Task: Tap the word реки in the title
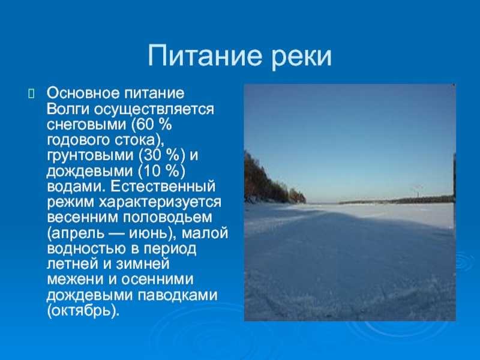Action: [302, 59]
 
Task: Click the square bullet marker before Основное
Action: [31, 94]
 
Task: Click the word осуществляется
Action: [154, 110]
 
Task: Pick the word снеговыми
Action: [86, 125]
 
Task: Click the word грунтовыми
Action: [91, 155]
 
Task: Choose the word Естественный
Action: [163, 187]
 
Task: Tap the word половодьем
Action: [168, 218]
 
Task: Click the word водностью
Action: [86, 249]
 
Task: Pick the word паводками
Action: [178, 296]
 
